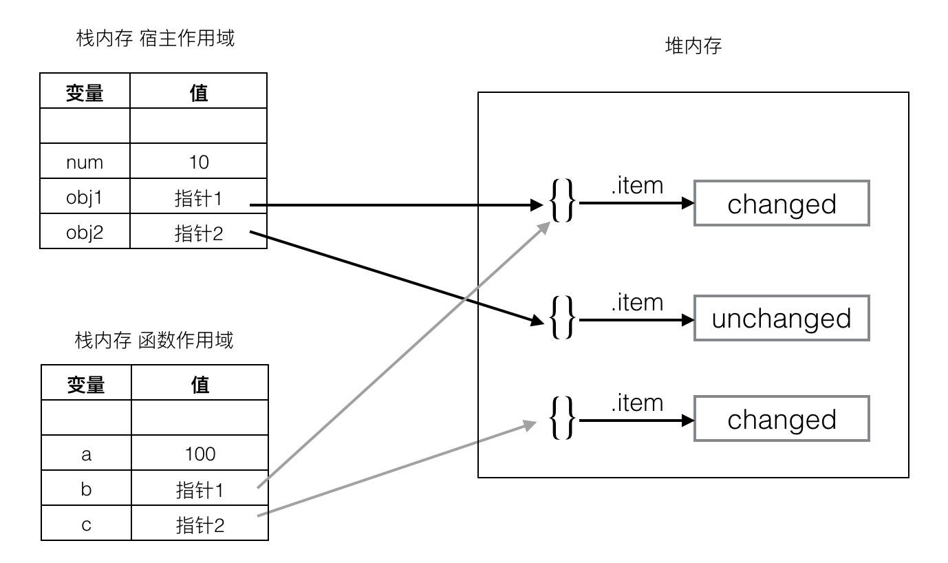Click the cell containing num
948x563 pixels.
pos(85,162)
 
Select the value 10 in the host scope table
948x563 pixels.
pos(198,162)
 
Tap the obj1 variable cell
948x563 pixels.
pos(85,198)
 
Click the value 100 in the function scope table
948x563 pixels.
pos(200,454)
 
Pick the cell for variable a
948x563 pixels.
pos(86,454)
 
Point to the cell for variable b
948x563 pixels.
pos(86,489)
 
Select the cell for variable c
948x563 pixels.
pos(86,525)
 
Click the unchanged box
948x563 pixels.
pos(781,319)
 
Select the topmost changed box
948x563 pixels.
pos(781,204)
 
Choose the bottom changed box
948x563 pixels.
pos(781,419)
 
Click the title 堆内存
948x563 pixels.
pos(693,46)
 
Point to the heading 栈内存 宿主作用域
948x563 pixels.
pos(155,38)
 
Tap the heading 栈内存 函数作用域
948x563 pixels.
pos(154,340)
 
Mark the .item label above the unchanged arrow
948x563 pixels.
pos(637,302)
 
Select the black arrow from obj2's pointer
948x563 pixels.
pos(392,275)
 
